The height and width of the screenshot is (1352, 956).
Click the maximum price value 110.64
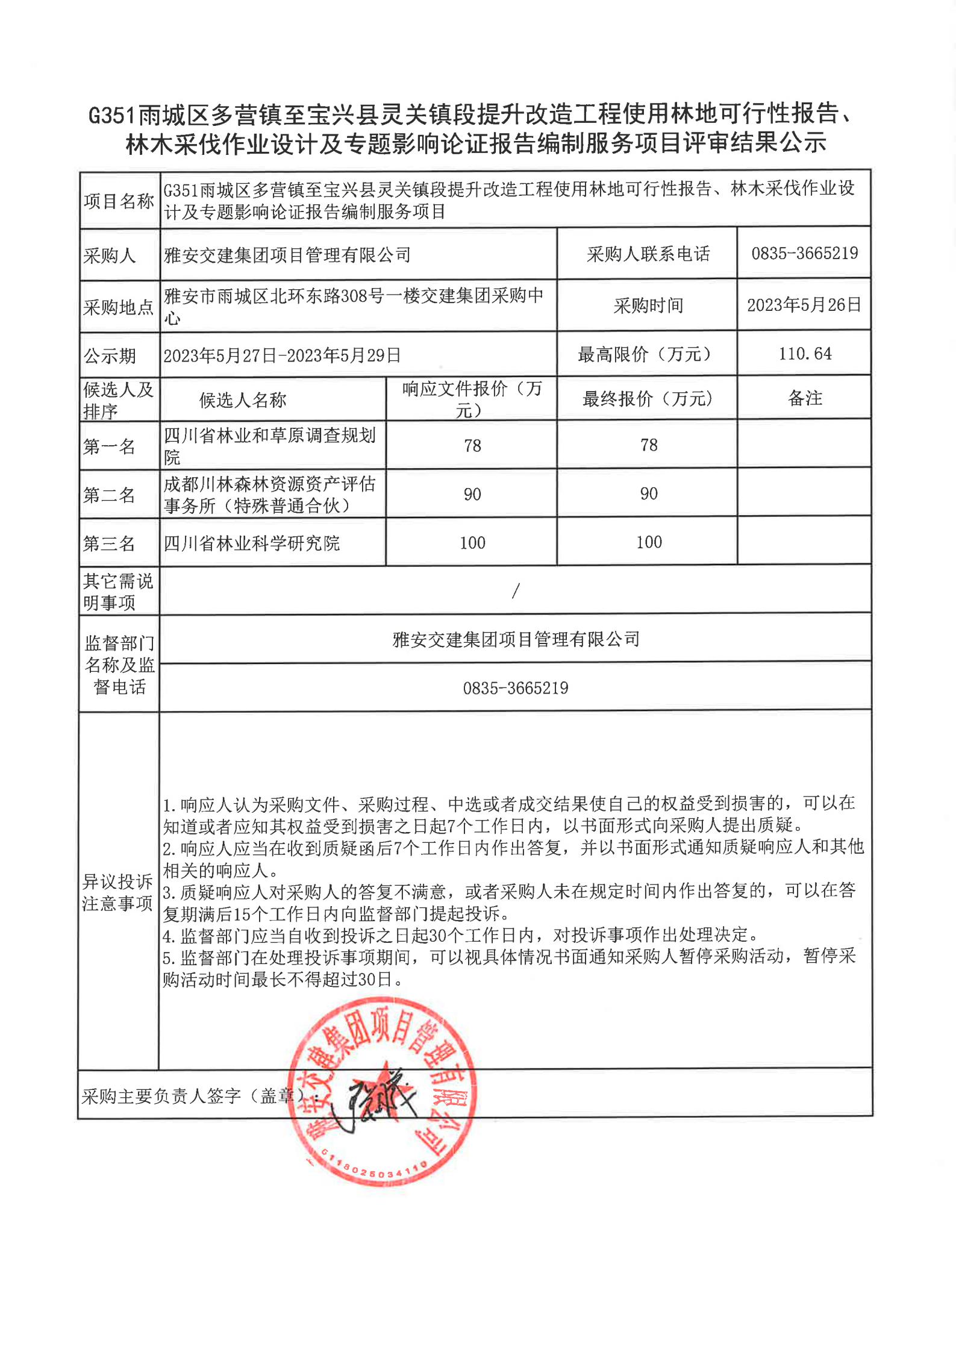pyautogui.click(x=805, y=354)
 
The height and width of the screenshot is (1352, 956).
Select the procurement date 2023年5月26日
pyautogui.click(x=804, y=305)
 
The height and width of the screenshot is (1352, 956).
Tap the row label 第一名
pyautogui.click(x=109, y=446)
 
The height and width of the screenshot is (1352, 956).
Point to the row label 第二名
pyautogui.click(x=109, y=495)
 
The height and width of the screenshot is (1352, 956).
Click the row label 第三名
pyautogui.click(x=109, y=543)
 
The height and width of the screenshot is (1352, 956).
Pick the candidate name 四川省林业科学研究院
pyautogui.click(x=252, y=543)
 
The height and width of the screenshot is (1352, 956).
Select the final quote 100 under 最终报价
pyautogui.click(x=649, y=542)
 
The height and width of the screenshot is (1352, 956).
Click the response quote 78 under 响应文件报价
pyautogui.click(x=472, y=446)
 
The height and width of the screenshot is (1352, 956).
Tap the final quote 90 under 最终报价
pyautogui.click(x=649, y=494)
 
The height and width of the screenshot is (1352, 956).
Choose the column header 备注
pyautogui.click(x=805, y=398)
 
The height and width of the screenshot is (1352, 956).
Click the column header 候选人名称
pyautogui.click(x=243, y=400)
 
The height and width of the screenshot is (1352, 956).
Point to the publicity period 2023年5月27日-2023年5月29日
pyautogui.click(x=282, y=355)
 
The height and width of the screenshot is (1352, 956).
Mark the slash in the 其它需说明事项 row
pyautogui.click(x=515, y=591)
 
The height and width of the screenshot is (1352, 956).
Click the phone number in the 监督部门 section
pyautogui.click(x=516, y=688)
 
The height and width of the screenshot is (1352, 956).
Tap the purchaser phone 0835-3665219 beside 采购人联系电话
pyautogui.click(x=804, y=254)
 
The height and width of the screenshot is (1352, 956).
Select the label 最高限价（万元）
pyautogui.click(x=648, y=354)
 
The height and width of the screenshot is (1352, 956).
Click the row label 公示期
pyautogui.click(x=110, y=356)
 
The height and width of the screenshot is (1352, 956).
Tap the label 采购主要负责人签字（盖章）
pyautogui.click(x=193, y=1096)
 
